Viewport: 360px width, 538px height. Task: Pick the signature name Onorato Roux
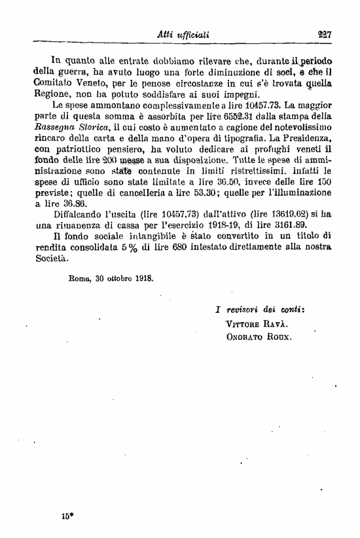pos(258,338)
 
